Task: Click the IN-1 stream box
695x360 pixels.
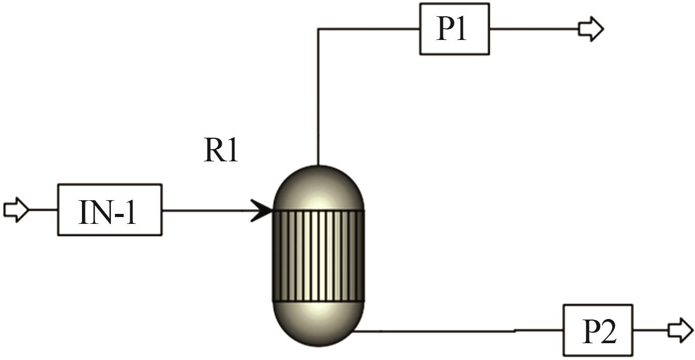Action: pyautogui.click(x=110, y=210)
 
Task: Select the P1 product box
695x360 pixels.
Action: pyautogui.click(x=454, y=29)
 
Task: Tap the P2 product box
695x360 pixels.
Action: pyautogui.click(x=598, y=330)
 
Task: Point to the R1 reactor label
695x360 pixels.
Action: pyautogui.click(x=221, y=150)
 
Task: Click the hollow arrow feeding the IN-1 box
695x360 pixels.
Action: pyautogui.click(x=16, y=210)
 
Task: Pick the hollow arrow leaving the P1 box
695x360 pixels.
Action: pyautogui.click(x=591, y=29)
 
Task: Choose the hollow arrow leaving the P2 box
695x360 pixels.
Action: pyautogui.click(x=681, y=330)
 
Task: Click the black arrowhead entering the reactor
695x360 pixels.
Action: pyautogui.click(x=261, y=211)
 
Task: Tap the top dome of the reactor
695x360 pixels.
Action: pyautogui.click(x=318, y=188)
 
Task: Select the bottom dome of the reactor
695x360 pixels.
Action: pyautogui.click(x=318, y=323)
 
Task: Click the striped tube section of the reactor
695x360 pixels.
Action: pyautogui.click(x=318, y=256)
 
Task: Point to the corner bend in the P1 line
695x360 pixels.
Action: pyautogui.click(x=318, y=29)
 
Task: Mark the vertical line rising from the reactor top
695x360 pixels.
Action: pyautogui.click(x=318, y=97)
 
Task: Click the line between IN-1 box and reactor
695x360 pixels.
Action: pyautogui.click(x=206, y=211)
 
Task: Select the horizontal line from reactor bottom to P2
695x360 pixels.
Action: pyautogui.click(x=458, y=331)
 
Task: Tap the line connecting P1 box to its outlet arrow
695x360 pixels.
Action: pyautogui.click(x=534, y=29)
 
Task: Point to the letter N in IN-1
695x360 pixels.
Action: pyautogui.click(x=98, y=213)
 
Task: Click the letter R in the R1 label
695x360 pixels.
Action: pyautogui.click(x=213, y=150)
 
